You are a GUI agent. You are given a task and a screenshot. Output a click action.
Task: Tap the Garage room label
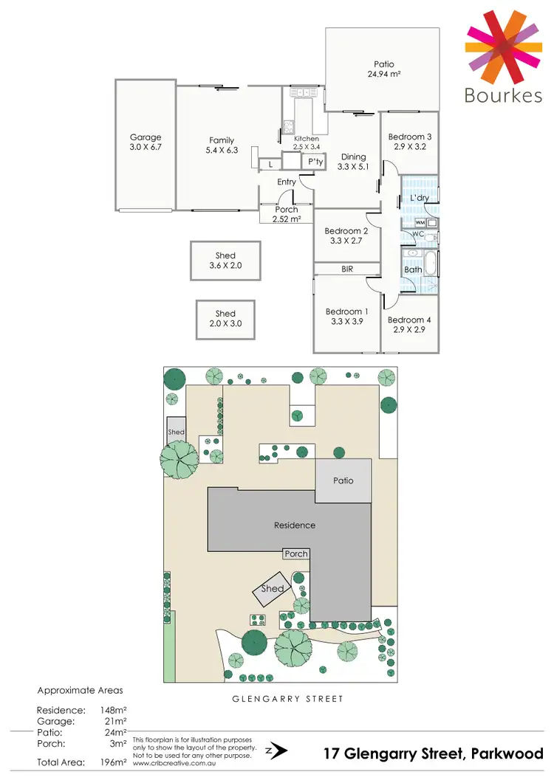tap(146, 137)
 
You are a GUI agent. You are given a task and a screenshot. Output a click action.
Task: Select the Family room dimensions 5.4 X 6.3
tap(222, 150)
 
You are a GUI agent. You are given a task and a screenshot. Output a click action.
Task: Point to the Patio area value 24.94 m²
tap(384, 74)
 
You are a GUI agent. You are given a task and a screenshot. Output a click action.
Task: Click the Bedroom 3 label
tap(410, 137)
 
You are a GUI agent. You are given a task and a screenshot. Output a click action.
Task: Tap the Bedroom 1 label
tap(346, 311)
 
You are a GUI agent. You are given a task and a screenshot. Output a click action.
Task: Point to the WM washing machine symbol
tap(420, 222)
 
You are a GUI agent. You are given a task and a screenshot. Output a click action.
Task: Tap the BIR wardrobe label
tap(347, 270)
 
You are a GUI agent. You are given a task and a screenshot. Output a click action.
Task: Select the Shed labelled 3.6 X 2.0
tap(225, 261)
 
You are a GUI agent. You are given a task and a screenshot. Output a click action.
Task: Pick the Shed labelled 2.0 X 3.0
tap(225, 318)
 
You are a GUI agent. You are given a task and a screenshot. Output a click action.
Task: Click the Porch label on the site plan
tap(296, 553)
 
